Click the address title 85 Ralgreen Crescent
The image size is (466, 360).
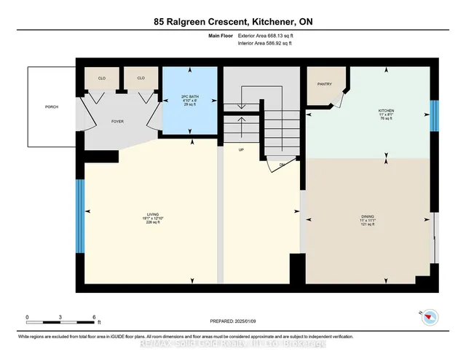coord(233,21)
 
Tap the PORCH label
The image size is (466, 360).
coord(51,107)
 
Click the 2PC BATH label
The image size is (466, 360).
coord(191,96)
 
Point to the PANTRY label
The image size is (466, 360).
coord(325,84)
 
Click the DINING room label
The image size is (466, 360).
coord(368,216)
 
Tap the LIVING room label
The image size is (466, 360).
coord(152,214)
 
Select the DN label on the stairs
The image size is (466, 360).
coord(282,165)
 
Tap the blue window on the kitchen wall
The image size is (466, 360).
coord(435,116)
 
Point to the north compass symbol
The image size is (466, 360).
coord(430,317)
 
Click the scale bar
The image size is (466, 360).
coord(61,318)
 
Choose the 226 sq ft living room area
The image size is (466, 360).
coord(152,223)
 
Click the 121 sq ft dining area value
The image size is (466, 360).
coord(368,224)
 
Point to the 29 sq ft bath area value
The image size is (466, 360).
coord(191,106)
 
